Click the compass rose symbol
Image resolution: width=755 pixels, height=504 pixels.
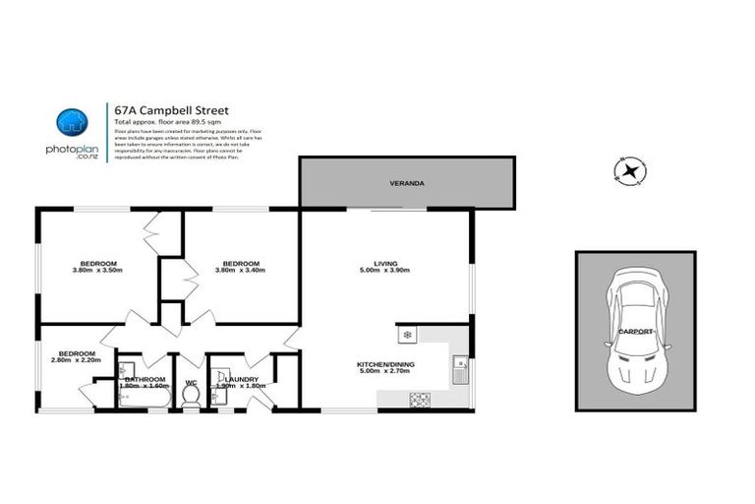tap(628, 172)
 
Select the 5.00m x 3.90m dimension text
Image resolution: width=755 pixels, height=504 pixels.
tap(384, 271)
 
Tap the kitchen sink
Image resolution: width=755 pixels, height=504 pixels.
tap(459, 369)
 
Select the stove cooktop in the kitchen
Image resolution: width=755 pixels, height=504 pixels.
tap(420, 399)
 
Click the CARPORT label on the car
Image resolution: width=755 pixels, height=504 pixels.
tap(637, 332)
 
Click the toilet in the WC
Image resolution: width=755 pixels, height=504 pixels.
tap(192, 394)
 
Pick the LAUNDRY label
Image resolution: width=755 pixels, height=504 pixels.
tap(241, 379)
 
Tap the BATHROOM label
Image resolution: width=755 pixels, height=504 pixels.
tap(144, 379)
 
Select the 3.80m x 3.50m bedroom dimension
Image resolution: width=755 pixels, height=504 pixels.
tap(98, 271)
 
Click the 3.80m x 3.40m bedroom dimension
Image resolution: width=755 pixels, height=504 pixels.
tap(241, 271)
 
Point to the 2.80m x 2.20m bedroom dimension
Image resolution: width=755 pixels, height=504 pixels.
tap(76, 361)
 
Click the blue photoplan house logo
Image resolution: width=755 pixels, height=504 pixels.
tap(70, 122)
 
